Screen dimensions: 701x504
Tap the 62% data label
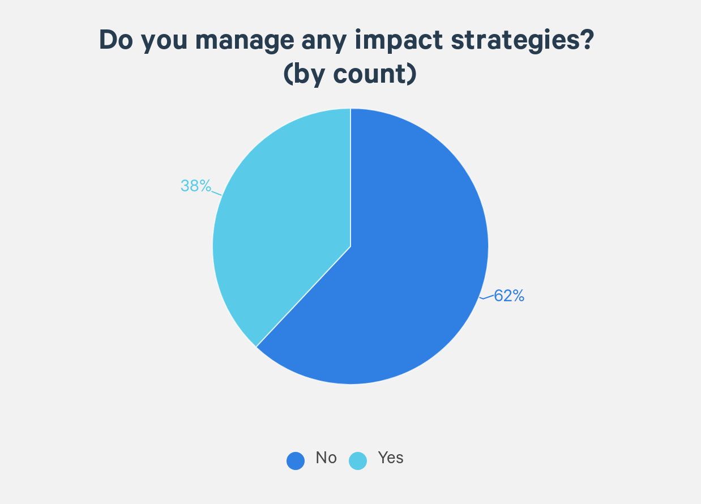509,296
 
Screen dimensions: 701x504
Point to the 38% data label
196,186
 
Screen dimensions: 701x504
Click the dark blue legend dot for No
296,461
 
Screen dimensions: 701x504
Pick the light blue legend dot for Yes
358,461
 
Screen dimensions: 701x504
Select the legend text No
326,458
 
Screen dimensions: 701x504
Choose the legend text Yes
391,458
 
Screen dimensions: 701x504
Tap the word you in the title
164,43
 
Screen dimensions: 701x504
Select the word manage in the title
245,42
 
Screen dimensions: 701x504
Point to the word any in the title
324,43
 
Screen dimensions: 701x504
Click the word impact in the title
399,41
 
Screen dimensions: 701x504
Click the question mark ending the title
587,40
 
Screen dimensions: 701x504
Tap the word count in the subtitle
370,75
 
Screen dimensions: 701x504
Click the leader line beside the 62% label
486,297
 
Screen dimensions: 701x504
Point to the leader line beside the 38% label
216,193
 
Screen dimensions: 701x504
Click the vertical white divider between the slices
350,177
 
